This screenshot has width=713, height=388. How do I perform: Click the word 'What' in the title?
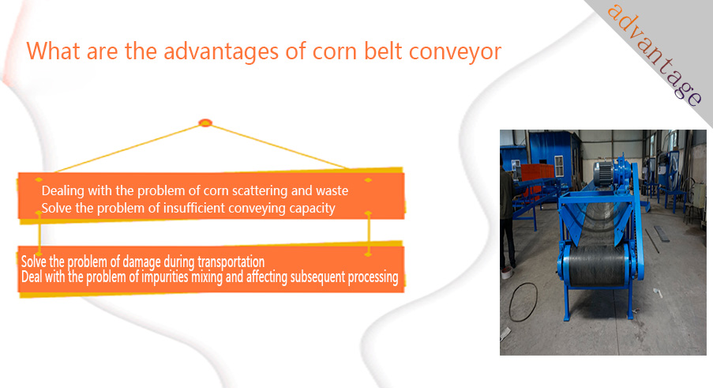[x=53, y=51]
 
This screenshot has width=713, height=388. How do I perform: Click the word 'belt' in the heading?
[x=383, y=51]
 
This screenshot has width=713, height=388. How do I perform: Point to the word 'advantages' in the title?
[x=221, y=52]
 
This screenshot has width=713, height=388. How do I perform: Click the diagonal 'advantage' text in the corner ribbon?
[x=655, y=55]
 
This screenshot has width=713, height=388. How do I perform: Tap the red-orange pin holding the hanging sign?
[x=205, y=122]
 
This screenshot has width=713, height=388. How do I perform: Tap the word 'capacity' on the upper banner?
[x=313, y=209]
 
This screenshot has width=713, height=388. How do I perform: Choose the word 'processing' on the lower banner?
[x=373, y=277]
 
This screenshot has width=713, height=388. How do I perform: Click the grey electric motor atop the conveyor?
[x=604, y=173]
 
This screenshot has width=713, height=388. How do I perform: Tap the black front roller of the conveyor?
[x=596, y=266]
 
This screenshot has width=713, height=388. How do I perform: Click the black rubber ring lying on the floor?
[x=523, y=303]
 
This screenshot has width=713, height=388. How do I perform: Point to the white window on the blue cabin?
[x=559, y=166]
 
